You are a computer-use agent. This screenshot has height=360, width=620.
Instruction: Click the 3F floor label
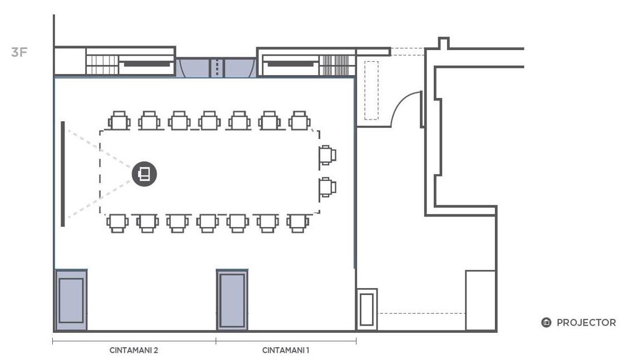click(x=19, y=52)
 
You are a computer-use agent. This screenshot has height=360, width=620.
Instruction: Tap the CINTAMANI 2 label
click(x=133, y=350)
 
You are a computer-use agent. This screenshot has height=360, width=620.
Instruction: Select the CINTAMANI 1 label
click(x=285, y=350)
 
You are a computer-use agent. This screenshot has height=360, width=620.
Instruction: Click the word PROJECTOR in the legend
click(x=586, y=323)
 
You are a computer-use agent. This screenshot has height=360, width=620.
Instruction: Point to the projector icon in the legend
click(x=546, y=323)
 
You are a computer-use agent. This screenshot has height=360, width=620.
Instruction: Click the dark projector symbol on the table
click(x=145, y=174)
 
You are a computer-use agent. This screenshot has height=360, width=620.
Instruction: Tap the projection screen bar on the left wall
click(x=63, y=174)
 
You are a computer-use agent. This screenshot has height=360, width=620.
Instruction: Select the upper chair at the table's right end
click(x=328, y=155)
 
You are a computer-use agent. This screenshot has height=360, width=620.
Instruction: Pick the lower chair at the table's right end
click(x=328, y=187)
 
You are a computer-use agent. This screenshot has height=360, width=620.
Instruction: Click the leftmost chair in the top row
click(x=119, y=121)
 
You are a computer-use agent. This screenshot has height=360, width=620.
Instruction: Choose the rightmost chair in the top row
click(x=299, y=121)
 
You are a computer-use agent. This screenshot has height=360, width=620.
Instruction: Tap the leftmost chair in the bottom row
click(x=117, y=223)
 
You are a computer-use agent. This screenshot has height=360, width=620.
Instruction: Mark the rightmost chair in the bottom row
click(x=297, y=223)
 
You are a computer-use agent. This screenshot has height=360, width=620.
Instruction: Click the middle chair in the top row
click(x=209, y=121)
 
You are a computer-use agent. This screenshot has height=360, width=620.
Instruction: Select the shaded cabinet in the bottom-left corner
click(x=71, y=300)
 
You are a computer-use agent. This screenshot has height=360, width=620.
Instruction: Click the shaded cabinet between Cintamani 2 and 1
click(x=232, y=300)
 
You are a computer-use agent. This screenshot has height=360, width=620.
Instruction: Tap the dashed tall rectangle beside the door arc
click(x=371, y=90)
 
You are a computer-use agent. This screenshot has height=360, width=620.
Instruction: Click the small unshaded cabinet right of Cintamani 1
click(x=366, y=309)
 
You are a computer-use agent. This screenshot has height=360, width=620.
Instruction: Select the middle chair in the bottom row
click(x=207, y=223)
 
